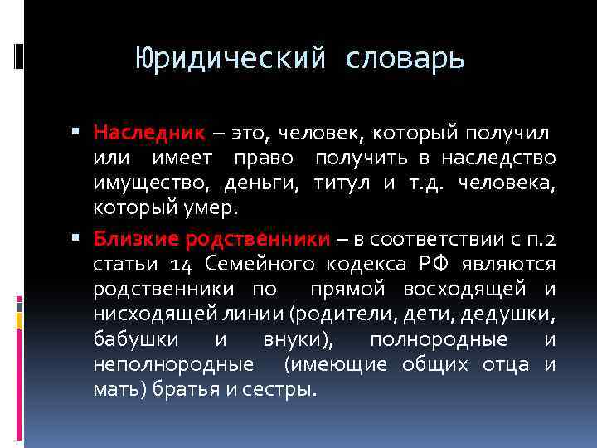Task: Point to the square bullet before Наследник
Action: click(x=75, y=131)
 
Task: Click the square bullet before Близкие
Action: click(x=75, y=240)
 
